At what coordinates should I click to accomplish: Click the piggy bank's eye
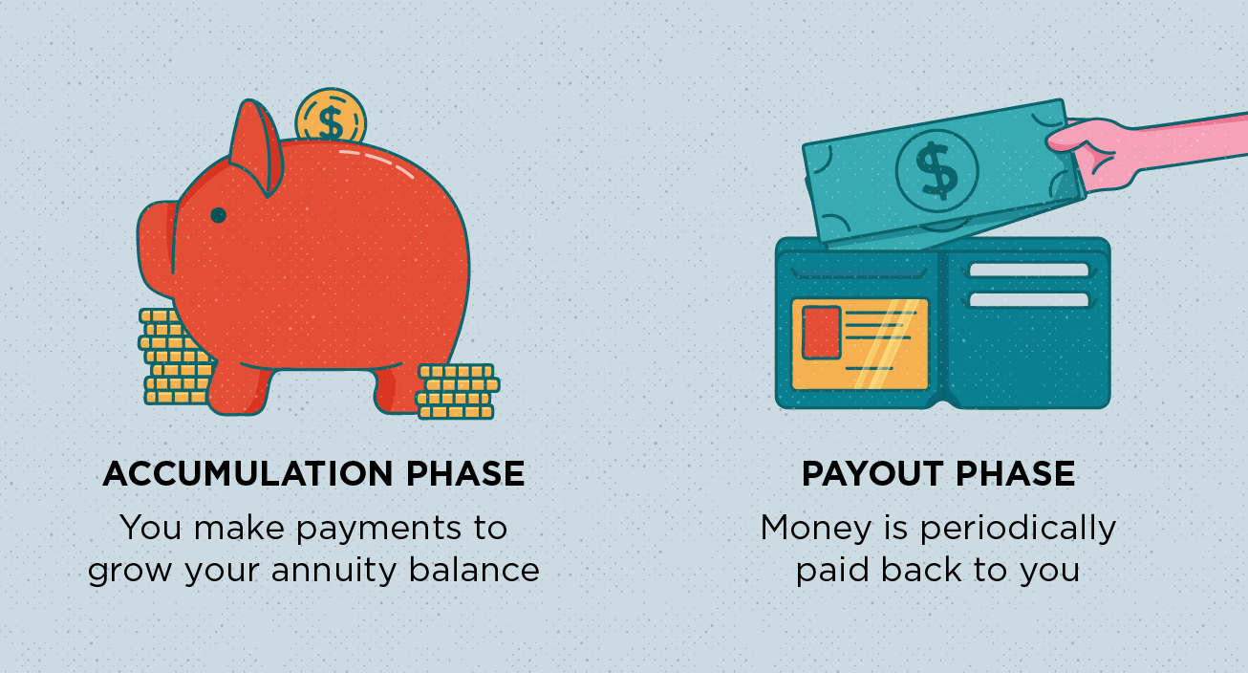218,215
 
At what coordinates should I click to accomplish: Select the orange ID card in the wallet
860,343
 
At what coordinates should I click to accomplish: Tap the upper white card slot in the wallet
1028,271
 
